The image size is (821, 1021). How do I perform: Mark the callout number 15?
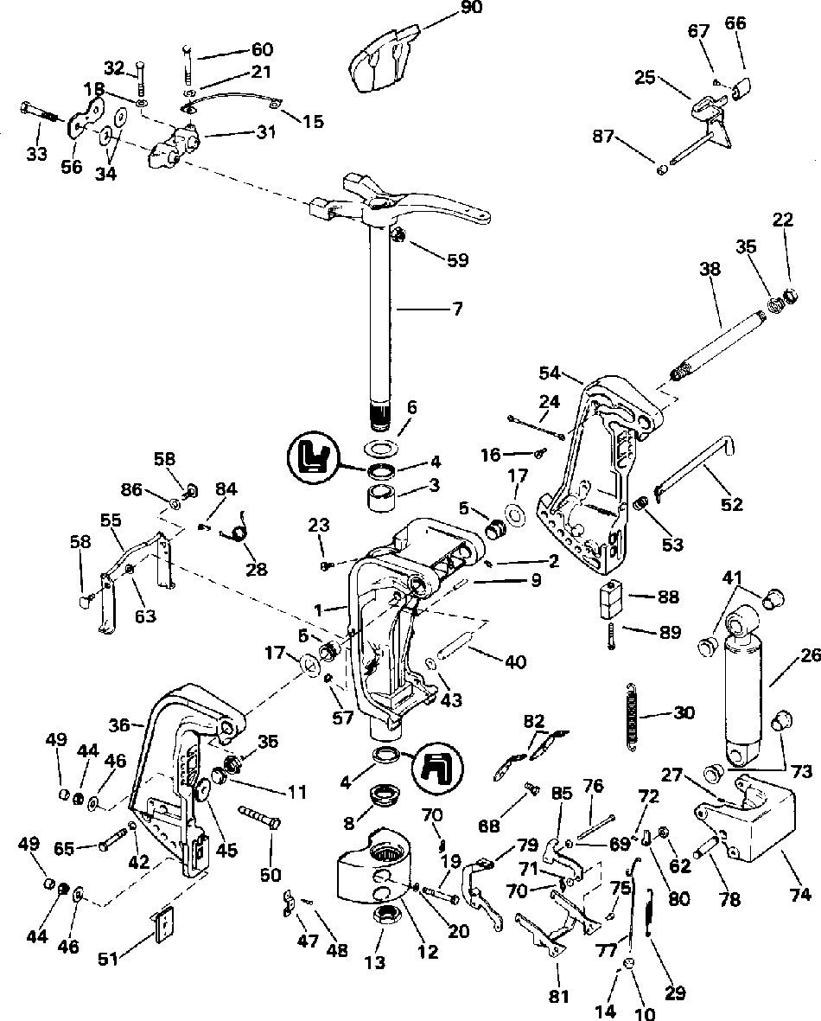coord(313,122)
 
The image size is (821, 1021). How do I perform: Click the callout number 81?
coord(560,995)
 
